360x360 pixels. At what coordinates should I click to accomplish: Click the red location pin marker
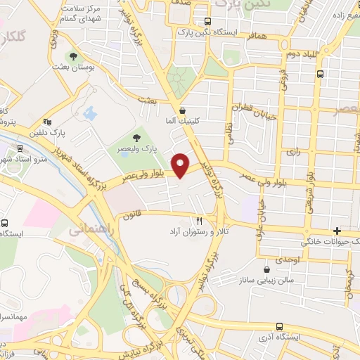point(181,165)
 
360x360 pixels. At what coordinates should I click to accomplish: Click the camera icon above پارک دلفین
point(47,121)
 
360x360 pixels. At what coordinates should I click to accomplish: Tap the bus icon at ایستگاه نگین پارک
point(207,21)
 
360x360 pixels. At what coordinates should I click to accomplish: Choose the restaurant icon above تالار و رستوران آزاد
point(200,220)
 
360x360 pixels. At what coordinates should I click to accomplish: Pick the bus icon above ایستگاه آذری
point(281,327)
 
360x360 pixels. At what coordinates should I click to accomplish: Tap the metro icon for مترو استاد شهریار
point(19,149)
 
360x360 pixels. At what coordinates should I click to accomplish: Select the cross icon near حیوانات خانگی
point(337,231)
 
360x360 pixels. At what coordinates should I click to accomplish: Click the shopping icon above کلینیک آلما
point(183,110)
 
